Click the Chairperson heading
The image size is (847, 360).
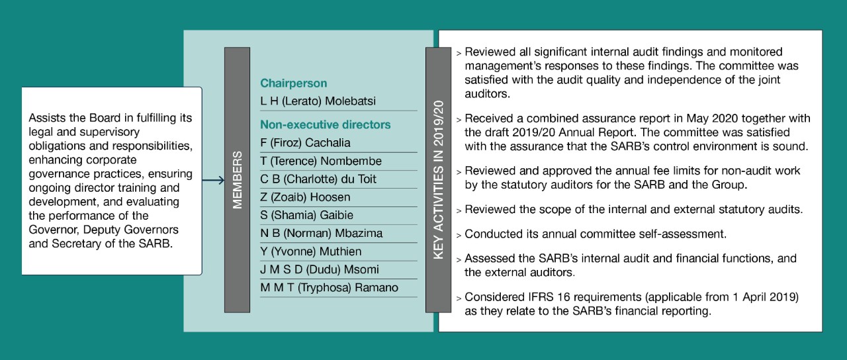293,83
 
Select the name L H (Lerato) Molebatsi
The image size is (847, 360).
308,101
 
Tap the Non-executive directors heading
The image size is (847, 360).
325,124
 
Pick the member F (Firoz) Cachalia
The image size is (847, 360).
305,143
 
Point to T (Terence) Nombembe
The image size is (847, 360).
321,161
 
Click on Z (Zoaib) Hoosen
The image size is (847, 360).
305,197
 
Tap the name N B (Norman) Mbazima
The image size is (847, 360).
321,233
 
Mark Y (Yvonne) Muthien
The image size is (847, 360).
311,251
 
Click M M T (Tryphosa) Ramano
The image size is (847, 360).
330,287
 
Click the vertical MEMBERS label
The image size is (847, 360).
238,180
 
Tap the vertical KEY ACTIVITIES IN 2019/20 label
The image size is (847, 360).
438,180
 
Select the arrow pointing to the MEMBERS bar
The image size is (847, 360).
213,180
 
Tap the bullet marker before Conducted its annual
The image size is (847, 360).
459,235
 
